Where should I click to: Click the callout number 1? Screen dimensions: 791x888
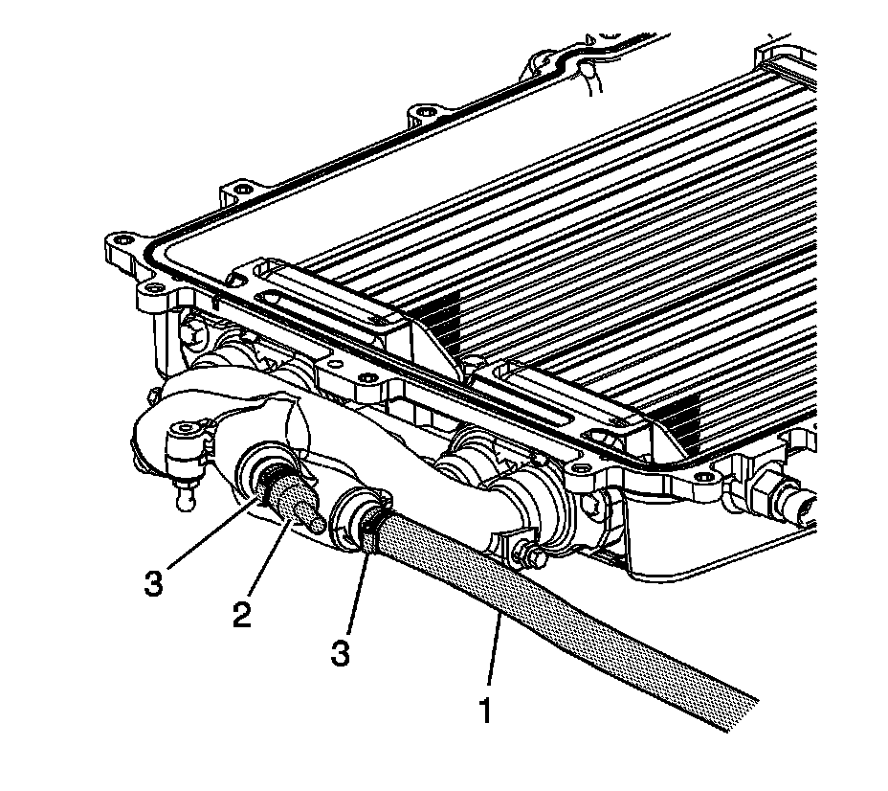click(486, 713)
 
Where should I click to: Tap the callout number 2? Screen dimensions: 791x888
click(241, 612)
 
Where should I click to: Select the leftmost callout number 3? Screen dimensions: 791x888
click(154, 583)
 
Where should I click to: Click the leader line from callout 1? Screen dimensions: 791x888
click(497, 661)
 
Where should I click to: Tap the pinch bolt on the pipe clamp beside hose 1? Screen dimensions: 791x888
click(525, 554)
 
